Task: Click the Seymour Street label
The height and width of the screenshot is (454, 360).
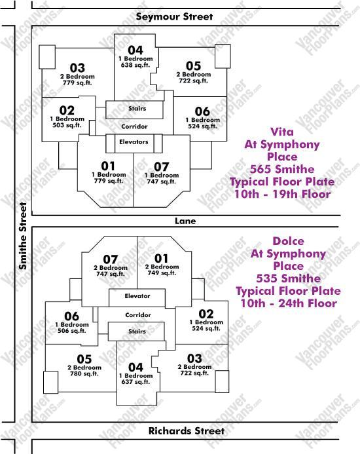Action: pyautogui.click(x=174, y=16)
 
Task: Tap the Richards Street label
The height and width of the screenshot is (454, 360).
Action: pyautogui.click(x=187, y=430)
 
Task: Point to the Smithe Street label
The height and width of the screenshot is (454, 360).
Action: pyautogui.click(x=23, y=236)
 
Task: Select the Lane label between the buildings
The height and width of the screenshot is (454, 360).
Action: pyautogui.click(x=185, y=221)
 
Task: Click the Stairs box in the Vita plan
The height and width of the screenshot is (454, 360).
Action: pyautogui.click(x=134, y=110)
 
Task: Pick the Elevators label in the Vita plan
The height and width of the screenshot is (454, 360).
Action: pyautogui.click(x=134, y=142)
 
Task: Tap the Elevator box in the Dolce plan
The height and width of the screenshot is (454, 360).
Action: pyautogui.click(x=137, y=298)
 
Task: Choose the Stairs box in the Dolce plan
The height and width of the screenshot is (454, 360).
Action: pyautogui.click(x=136, y=331)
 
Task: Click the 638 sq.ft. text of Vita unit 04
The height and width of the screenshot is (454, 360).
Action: pyautogui.click(x=135, y=65)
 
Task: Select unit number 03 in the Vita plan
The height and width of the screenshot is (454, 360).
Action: pyautogui.click(x=77, y=67)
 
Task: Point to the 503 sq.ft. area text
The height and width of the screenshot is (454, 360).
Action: pyautogui.click(x=67, y=125)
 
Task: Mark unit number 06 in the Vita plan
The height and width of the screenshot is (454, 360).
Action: pyautogui.click(x=202, y=111)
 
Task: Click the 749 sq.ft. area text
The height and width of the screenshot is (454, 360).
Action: pyautogui.click(x=162, y=273)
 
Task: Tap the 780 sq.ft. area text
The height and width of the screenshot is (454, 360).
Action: pyautogui.click(x=84, y=373)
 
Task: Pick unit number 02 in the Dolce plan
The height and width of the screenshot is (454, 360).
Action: pyautogui.click(x=206, y=314)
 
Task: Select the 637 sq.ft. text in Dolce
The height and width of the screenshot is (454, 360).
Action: pyautogui.click(x=135, y=382)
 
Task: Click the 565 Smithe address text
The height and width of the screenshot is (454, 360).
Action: pyautogui.click(x=282, y=169)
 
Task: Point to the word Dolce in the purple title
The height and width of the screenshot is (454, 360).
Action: pyautogui.click(x=288, y=241)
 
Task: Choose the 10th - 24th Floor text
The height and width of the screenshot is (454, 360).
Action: pyautogui.click(x=289, y=303)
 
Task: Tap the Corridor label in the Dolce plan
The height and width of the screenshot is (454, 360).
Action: pyautogui.click(x=138, y=315)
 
